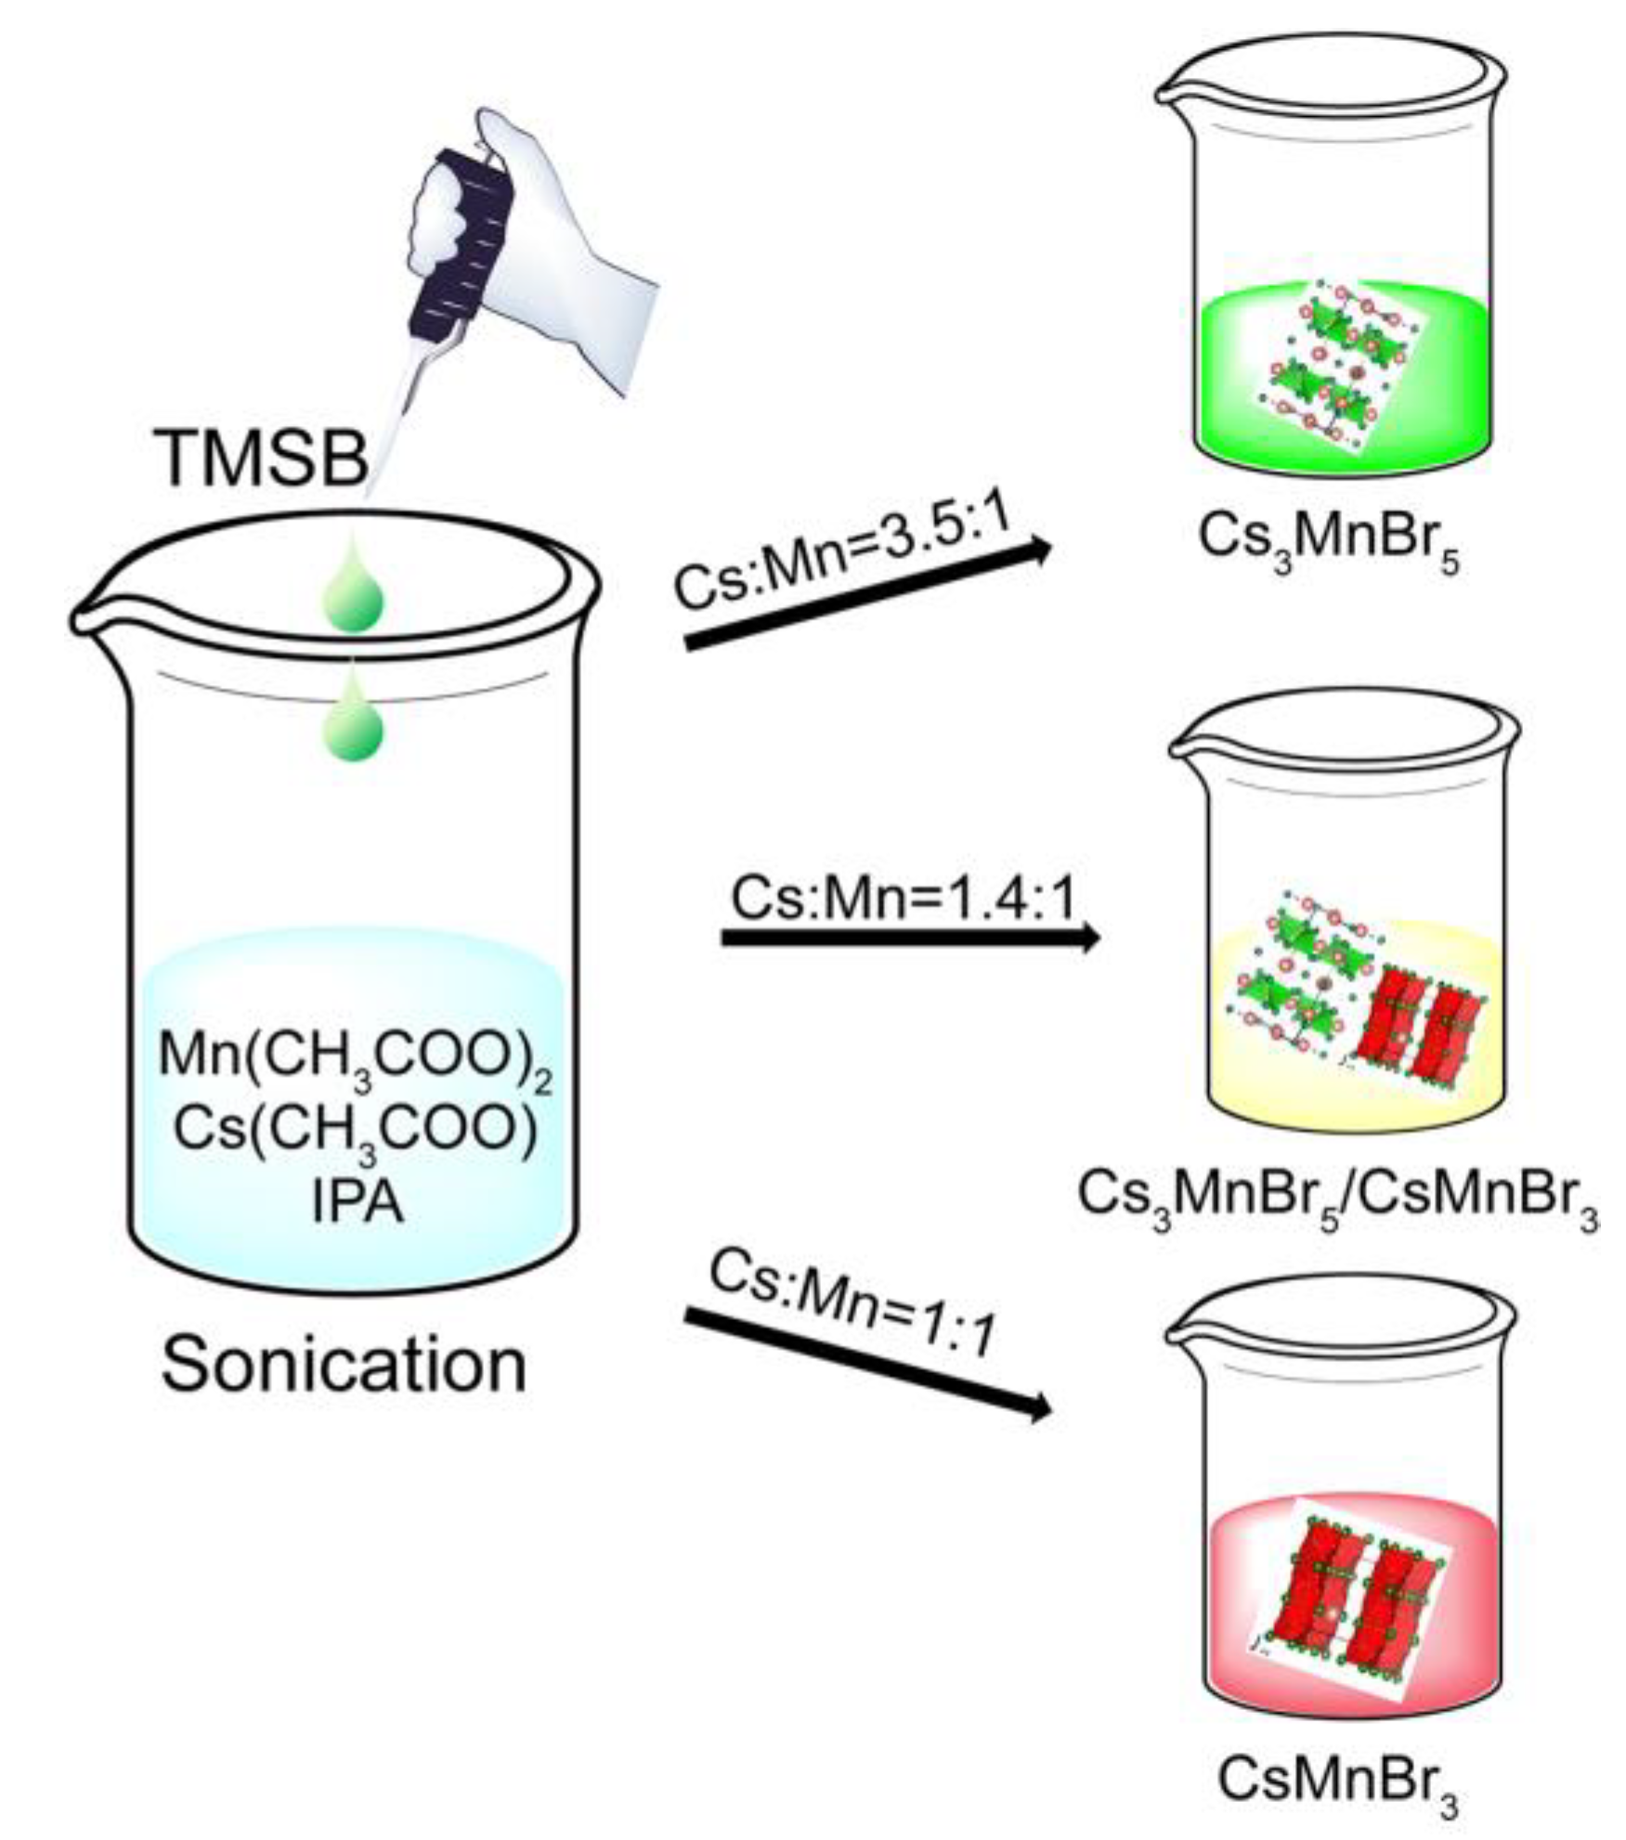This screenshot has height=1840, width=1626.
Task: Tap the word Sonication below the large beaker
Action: [x=344, y=1365]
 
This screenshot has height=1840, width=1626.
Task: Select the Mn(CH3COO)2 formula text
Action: [x=356, y=1058]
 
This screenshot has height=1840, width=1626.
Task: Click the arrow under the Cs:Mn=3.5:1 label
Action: [x=868, y=594]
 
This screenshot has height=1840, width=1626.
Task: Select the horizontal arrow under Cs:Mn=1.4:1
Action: [x=910, y=938]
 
